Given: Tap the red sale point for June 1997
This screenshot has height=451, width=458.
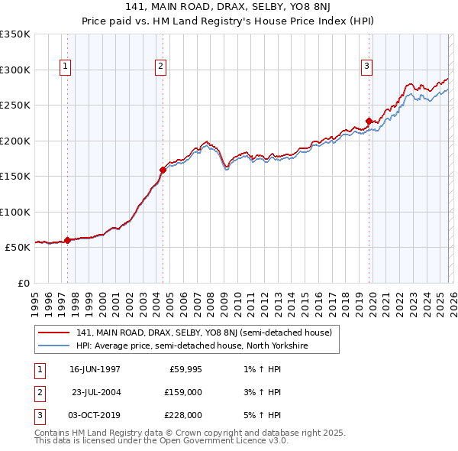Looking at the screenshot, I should [67, 240].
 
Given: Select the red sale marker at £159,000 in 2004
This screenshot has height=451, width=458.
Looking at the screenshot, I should [163, 170].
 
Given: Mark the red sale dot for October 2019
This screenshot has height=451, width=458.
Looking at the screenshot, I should [369, 121].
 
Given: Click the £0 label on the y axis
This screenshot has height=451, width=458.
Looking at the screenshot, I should [23, 283].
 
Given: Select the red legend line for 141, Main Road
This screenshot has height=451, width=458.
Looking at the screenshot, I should [53, 333].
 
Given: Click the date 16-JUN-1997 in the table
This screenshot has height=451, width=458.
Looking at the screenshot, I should [95, 369].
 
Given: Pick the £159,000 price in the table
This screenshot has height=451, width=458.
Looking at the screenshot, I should [183, 392].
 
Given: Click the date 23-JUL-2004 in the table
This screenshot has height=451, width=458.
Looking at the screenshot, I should [95, 392].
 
